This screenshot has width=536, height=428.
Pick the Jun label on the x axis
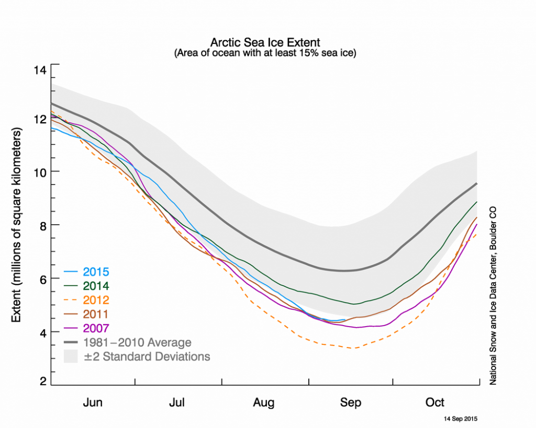[93, 402]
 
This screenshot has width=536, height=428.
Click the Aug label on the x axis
[264, 402]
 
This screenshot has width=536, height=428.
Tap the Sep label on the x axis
[350, 402]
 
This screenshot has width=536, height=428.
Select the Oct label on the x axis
[435, 402]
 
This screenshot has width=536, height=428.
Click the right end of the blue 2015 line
[344, 319]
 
